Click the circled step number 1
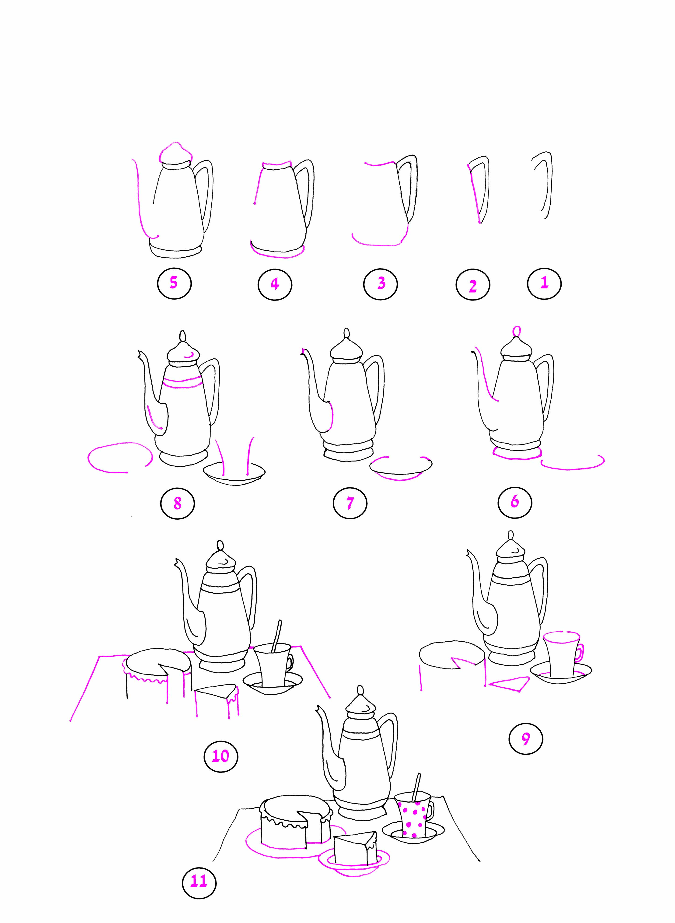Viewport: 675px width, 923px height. [544, 283]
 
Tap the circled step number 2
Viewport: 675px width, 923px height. [473, 285]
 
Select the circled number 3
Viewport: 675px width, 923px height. [380, 283]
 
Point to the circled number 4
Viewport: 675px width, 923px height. [275, 283]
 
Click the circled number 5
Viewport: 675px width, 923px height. [174, 283]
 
